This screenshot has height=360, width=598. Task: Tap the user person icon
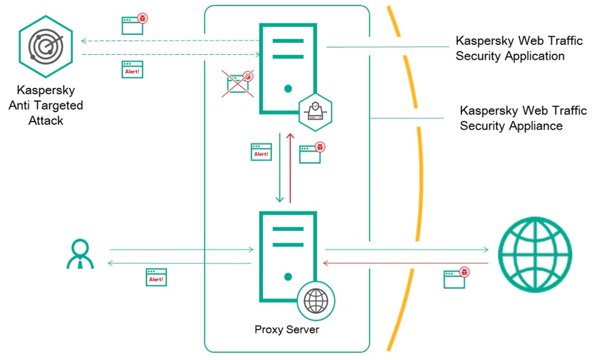point(80,254)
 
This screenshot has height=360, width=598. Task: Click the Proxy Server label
point(287,329)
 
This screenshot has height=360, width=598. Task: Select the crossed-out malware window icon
point(240,83)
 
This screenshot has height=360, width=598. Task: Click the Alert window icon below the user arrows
point(156,277)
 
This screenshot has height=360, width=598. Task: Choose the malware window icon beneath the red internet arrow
point(456,278)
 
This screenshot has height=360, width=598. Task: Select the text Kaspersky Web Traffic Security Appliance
point(523,118)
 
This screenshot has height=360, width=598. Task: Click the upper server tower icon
point(287,69)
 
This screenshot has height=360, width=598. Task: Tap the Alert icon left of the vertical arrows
point(261,152)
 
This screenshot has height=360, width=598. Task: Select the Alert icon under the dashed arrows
point(132,69)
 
